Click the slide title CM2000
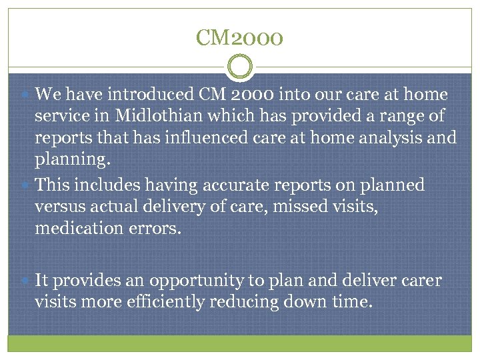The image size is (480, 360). (240, 37)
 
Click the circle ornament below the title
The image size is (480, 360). (240, 68)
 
